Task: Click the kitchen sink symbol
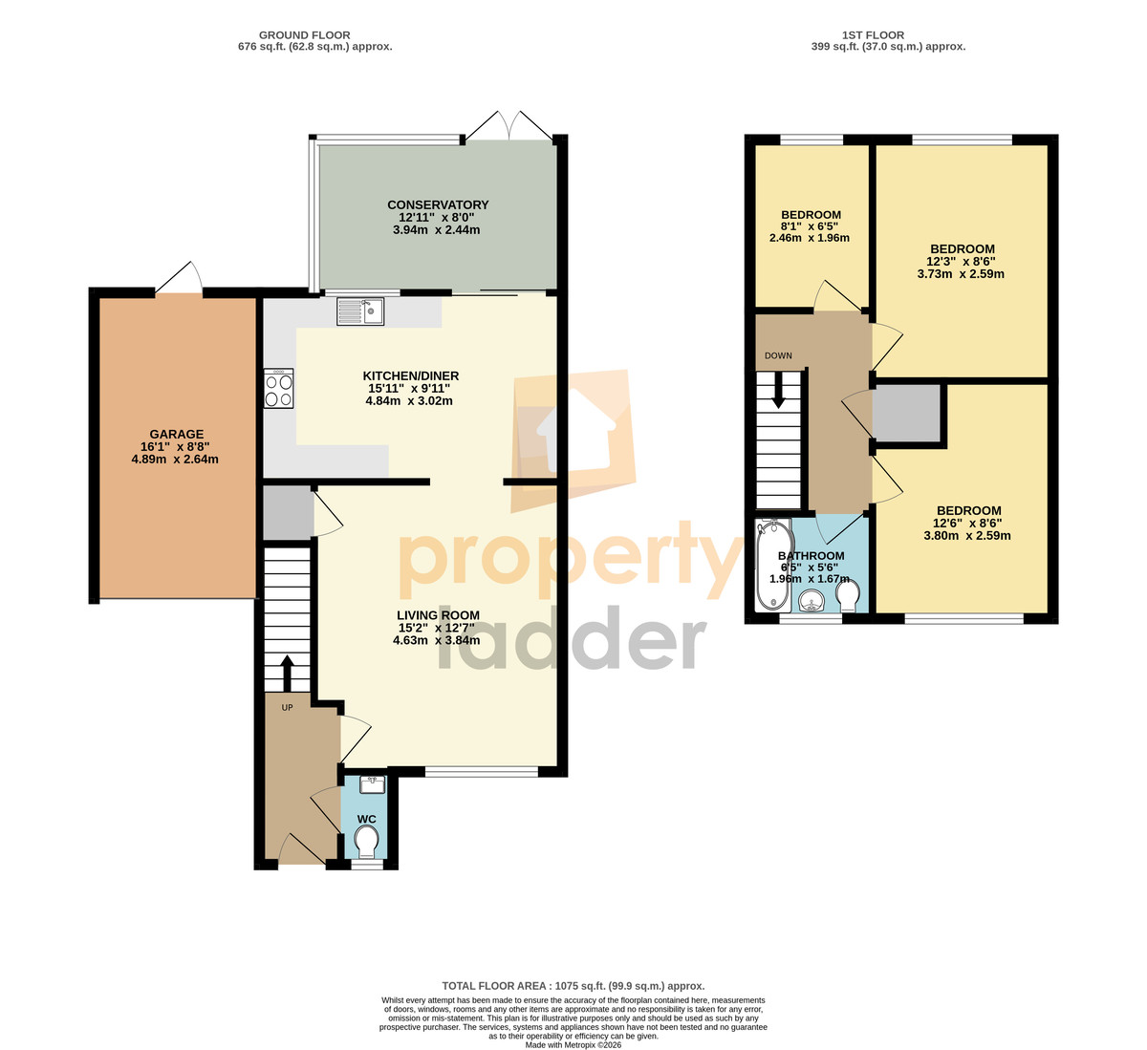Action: pyautogui.click(x=360, y=311)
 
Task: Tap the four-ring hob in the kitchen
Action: pyautogui.click(x=278, y=388)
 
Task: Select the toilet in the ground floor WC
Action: pyautogui.click(x=366, y=841)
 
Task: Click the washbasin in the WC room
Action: pyautogui.click(x=372, y=784)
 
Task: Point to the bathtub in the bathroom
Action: pyautogui.click(x=773, y=565)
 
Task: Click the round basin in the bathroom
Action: pyautogui.click(x=812, y=601)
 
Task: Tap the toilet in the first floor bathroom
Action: pyautogui.click(x=848, y=595)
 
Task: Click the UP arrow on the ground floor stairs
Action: pyautogui.click(x=287, y=674)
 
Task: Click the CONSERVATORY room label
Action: pyautogui.click(x=438, y=204)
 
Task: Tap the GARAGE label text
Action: pyautogui.click(x=177, y=435)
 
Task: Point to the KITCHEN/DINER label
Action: pyautogui.click(x=411, y=376)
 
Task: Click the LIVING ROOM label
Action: pyautogui.click(x=438, y=615)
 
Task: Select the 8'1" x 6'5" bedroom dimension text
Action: pyautogui.click(x=810, y=225)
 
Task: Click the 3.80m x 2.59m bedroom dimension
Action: pyautogui.click(x=967, y=536)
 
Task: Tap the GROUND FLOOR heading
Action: pyautogui.click(x=305, y=34)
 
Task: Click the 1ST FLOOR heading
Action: pyautogui.click(x=873, y=34)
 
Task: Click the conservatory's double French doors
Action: pyautogui.click(x=509, y=124)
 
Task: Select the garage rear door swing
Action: pyautogui.click(x=179, y=278)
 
